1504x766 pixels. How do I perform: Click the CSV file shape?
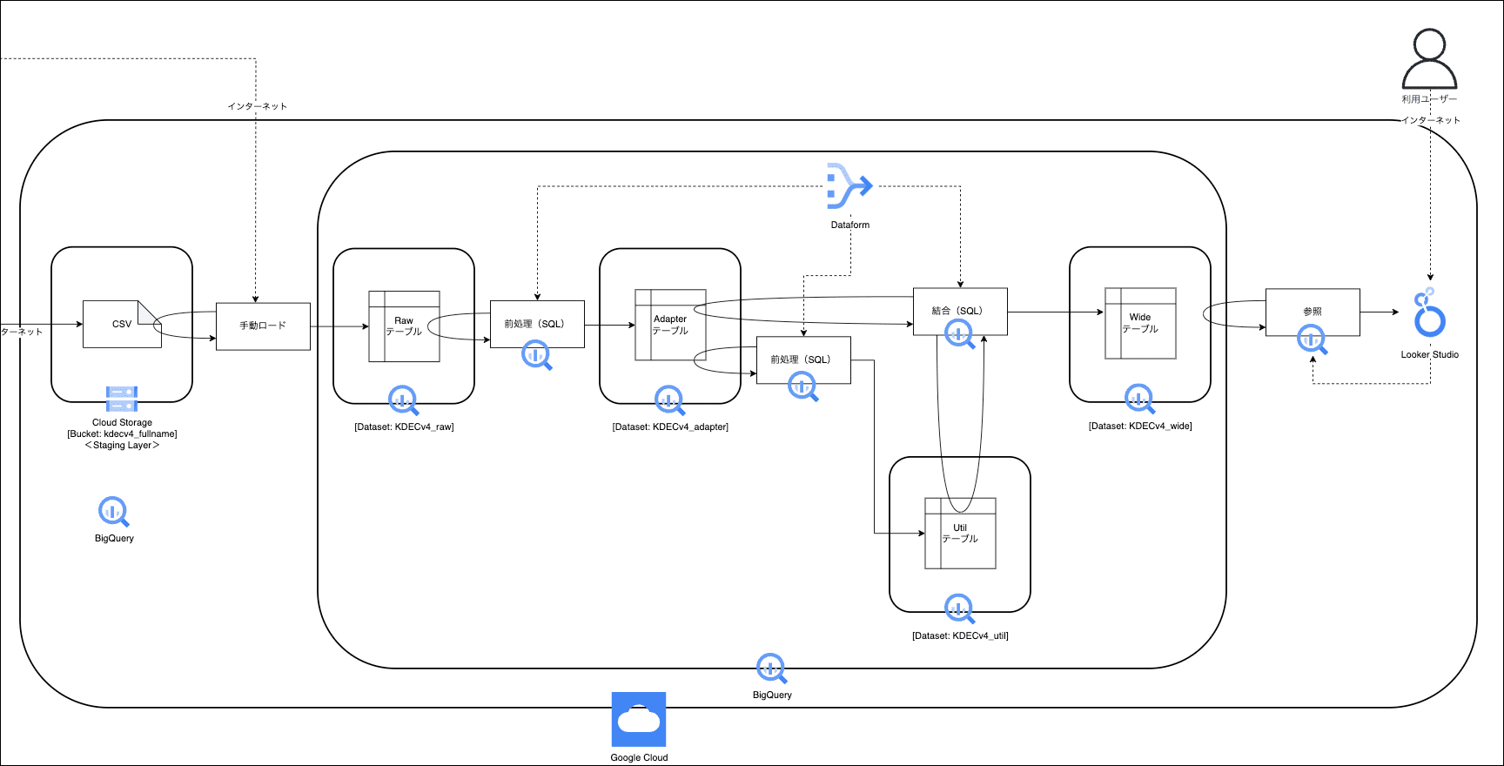pos(121,325)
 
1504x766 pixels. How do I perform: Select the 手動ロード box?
pos(263,326)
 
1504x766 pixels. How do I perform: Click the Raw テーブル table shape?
pos(404,326)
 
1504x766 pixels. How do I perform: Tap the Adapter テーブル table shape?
pos(670,325)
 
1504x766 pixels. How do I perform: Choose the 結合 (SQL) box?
pos(960,311)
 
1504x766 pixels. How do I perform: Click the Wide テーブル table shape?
pos(1140,323)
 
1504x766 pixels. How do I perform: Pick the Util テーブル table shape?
pos(960,534)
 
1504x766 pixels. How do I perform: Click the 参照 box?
pos(1313,312)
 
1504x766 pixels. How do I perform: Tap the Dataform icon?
pos(849,185)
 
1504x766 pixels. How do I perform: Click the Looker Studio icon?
pos(1429,314)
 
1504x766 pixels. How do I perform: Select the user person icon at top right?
pos(1429,59)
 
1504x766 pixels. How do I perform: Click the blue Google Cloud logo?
pos(639,719)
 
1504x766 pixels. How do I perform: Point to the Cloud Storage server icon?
pos(122,399)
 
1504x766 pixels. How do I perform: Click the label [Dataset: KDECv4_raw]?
pos(404,427)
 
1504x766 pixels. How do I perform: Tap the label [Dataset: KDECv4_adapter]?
pos(670,427)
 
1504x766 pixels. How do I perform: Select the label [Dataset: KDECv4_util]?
pos(960,635)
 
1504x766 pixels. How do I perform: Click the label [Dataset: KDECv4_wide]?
pos(1140,426)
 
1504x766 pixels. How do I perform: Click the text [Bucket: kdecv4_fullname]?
pos(122,433)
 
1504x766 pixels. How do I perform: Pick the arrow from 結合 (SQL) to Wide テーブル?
pos(1055,312)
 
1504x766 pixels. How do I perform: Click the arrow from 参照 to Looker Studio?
pos(1379,312)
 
